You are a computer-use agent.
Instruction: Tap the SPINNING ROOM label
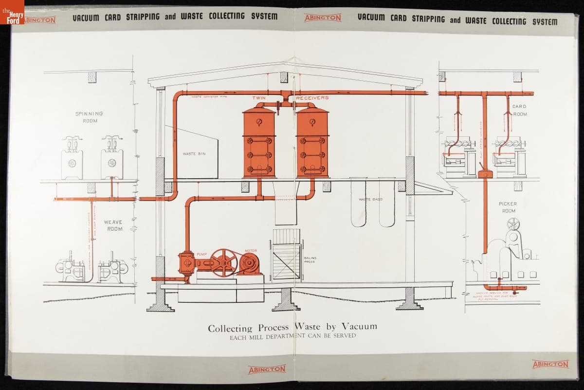(89, 117)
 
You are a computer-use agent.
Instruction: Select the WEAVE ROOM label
(114, 225)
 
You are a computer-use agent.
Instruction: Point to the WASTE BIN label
(194, 154)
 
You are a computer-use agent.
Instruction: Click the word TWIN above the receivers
(259, 98)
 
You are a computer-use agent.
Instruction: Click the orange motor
(249, 264)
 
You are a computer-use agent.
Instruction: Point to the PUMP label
(202, 254)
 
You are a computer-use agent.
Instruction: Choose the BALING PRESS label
(310, 260)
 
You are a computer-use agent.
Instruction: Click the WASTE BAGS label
(370, 200)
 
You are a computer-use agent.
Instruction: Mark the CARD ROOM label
(519, 110)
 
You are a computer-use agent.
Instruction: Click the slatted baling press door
(287, 260)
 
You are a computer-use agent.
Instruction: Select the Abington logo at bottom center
(267, 370)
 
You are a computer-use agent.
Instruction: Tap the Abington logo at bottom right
(550, 364)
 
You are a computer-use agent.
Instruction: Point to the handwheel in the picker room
(513, 224)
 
